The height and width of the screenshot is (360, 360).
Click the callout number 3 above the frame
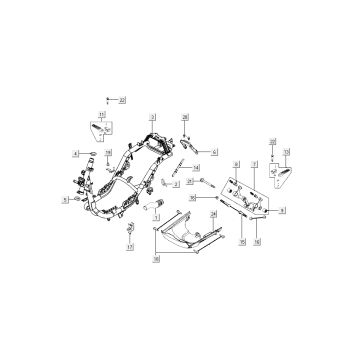pyautogui.click(x=153, y=118)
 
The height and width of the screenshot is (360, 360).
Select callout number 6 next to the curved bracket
pyautogui.click(x=214, y=151)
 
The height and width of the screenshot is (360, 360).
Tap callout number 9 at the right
pyautogui.click(x=283, y=212)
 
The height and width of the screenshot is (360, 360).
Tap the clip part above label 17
pyautogui.click(x=130, y=224)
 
